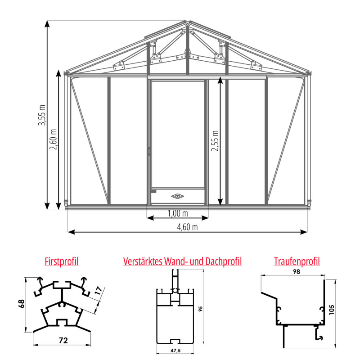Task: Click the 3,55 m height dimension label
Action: pyautogui.click(x=42, y=115)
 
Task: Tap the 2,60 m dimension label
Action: pyautogui.click(x=53, y=139)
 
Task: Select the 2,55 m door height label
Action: pyautogui.click(x=215, y=141)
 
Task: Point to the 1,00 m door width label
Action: pyautogui.click(x=178, y=213)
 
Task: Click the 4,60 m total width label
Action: pyautogui.click(x=187, y=227)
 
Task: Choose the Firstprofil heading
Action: pyautogui.click(x=62, y=261)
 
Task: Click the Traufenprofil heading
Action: pyautogui.click(x=297, y=261)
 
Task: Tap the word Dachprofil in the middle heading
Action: pyautogui.click(x=223, y=261)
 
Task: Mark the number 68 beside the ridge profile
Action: pyautogui.click(x=21, y=304)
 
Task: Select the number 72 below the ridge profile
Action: pyautogui.click(x=63, y=340)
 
